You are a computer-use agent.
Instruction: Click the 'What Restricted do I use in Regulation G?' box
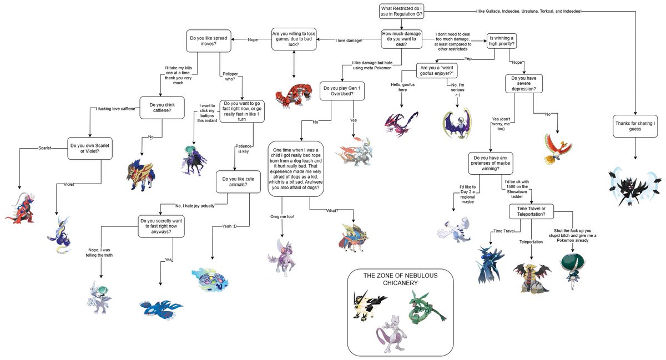(402, 12)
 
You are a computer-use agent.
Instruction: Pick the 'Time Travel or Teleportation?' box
(531, 211)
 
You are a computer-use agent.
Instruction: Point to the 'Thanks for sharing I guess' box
(635, 125)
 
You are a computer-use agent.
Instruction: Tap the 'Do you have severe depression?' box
(523, 82)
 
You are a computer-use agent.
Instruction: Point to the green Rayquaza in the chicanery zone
(426, 308)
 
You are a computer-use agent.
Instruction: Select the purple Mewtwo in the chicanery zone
(392, 335)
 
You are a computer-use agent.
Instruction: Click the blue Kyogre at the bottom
(160, 306)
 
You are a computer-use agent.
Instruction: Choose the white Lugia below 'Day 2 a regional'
(457, 229)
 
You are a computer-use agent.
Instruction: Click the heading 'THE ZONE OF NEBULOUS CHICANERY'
(400, 279)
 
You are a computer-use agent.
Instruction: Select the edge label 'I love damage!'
(349, 40)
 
